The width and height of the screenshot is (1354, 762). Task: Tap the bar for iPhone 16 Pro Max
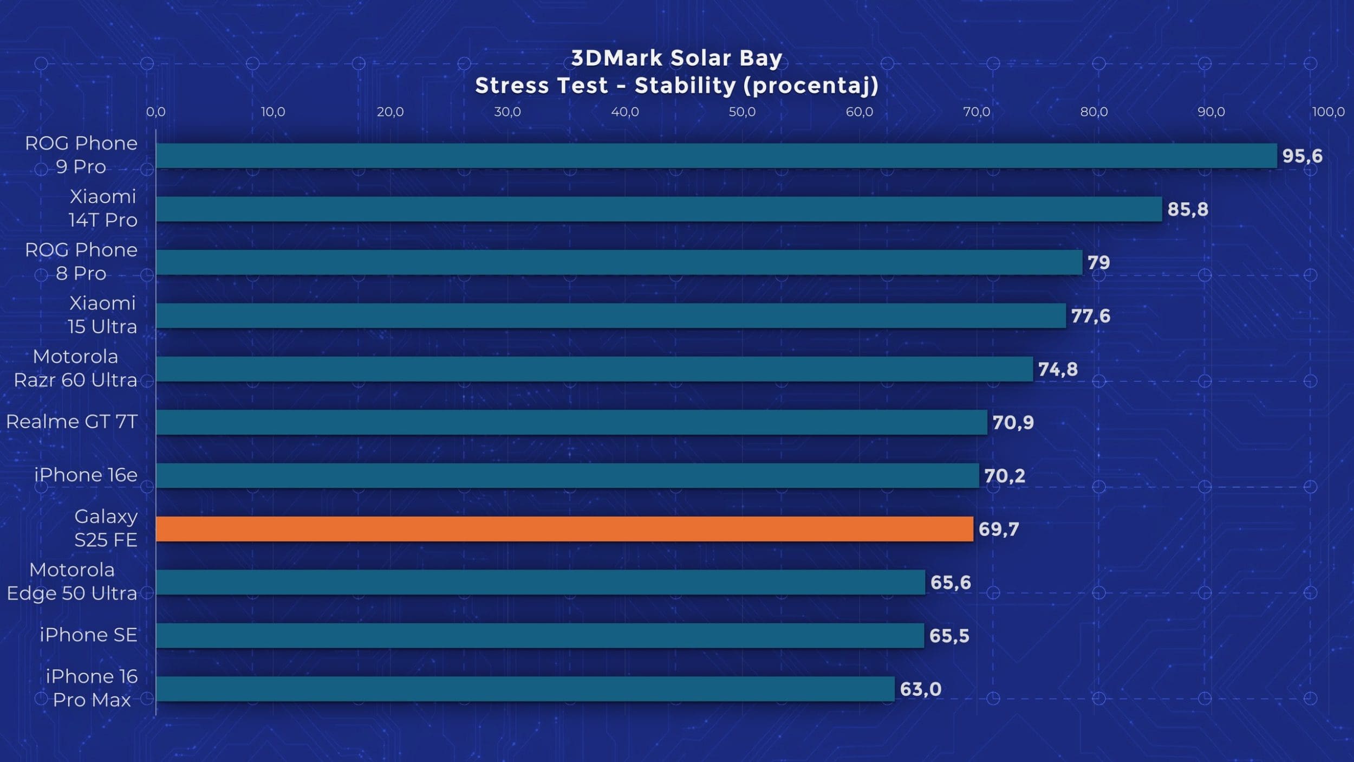pos(524,689)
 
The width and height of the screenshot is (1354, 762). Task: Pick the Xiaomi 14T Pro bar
pos(658,209)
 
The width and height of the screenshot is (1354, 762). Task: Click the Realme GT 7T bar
pos(571,422)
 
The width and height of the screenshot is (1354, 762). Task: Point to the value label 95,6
pos(1302,156)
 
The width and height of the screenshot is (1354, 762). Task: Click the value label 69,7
pos(999,529)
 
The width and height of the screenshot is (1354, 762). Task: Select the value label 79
pos(1098,262)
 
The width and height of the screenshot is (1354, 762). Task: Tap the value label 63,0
pos(920,689)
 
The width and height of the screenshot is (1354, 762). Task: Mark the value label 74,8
pos(1057,369)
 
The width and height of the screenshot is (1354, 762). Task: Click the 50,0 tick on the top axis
pos(741,112)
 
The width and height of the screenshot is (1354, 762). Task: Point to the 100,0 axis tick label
pos(1328,112)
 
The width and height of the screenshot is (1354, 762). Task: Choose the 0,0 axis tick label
pos(155,112)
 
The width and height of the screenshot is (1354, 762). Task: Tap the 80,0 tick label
pos(1093,112)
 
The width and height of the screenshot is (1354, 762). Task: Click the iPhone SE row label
pos(88,635)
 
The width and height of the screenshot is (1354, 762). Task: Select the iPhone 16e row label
pos(86,475)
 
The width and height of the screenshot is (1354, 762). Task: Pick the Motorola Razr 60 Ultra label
pos(75,368)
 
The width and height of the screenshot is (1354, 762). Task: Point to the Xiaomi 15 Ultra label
pos(102,315)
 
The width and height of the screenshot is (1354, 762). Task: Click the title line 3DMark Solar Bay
pos(676,58)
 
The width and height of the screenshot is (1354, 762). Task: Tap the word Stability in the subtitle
pos(685,86)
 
